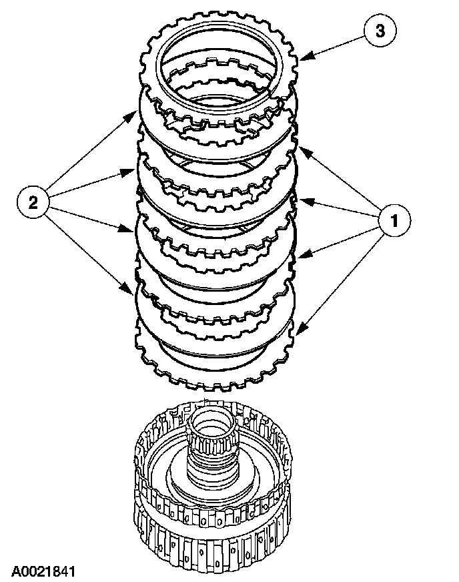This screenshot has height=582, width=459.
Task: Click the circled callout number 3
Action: pos(378,30)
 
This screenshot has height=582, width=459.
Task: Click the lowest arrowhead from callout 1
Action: pos(298,330)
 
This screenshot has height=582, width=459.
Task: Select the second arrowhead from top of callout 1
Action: pos(300,200)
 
